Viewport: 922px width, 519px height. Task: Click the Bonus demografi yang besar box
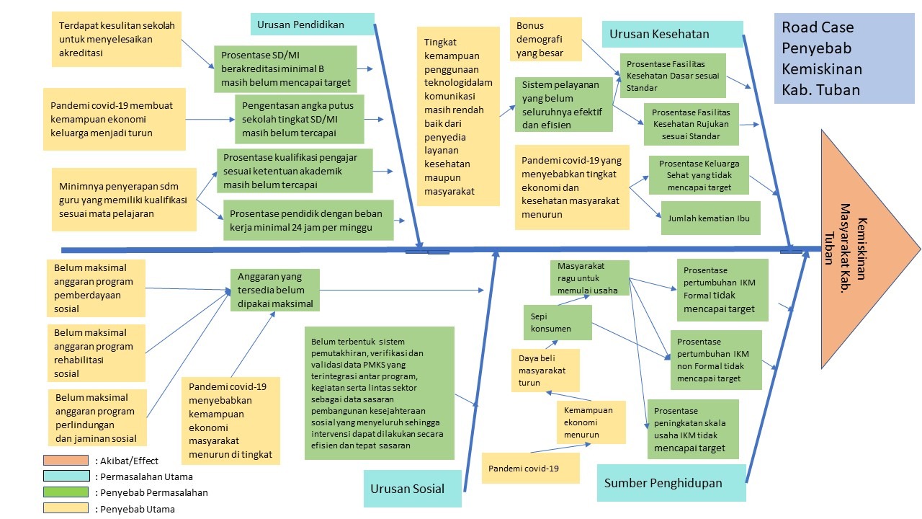(x=545, y=40)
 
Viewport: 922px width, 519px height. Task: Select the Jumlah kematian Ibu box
(x=710, y=218)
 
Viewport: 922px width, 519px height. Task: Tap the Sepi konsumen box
(x=557, y=322)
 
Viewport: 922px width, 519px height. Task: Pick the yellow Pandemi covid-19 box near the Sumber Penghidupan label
(x=530, y=469)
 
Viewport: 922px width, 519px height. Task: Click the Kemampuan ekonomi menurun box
(x=590, y=422)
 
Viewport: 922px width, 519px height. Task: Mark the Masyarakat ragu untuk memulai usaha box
(x=589, y=278)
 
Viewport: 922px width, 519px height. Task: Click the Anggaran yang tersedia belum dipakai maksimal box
(x=274, y=290)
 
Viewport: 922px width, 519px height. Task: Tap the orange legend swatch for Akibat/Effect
(x=66, y=460)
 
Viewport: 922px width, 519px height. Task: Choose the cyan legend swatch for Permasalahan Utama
(x=66, y=476)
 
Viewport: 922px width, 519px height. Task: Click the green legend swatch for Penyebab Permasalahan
(x=66, y=492)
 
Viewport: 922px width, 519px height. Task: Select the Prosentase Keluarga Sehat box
(x=697, y=175)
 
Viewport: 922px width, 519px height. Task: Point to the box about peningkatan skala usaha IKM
(x=692, y=429)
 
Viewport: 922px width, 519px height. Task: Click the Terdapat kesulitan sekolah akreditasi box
(x=117, y=39)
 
